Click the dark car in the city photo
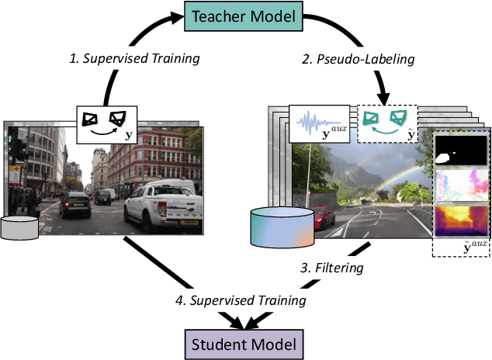[x=75, y=203]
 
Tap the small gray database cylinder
[x=19, y=227]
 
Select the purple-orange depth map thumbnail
[x=460, y=219]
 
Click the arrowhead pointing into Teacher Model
[x=173, y=16]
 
